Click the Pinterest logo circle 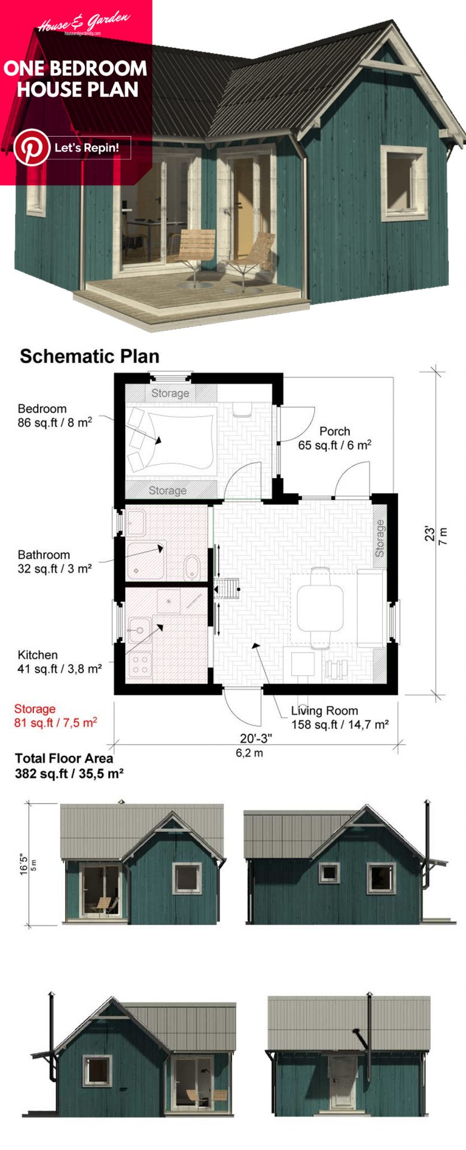click(32, 147)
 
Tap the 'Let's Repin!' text click(87, 148)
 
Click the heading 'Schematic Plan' click(90, 356)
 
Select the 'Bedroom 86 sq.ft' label click(54, 416)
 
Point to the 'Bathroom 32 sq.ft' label click(54, 562)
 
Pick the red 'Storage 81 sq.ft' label click(55, 716)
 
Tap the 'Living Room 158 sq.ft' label click(339, 718)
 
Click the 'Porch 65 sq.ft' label click(334, 438)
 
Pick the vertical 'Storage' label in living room click(380, 538)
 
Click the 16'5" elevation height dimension click(25, 864)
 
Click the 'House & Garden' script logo click(83, 23)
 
